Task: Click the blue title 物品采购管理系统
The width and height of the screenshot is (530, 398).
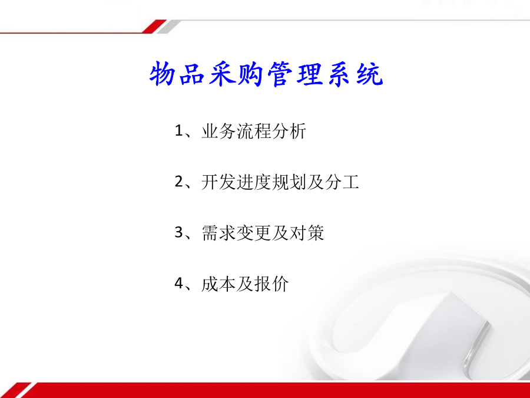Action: (266, 74)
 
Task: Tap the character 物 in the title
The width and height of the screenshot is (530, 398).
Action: (163, 74)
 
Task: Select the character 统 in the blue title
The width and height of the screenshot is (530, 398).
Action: (370, 74)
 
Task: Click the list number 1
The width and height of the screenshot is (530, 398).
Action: (178, 131)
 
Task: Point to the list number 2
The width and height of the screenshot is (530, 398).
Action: (179, 182)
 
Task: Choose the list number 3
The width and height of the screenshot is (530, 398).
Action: (179, 233)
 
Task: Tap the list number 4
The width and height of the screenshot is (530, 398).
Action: (179, 284)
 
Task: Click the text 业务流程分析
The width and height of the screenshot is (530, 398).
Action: (254, 131)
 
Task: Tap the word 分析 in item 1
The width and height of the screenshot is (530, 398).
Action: (289, 131)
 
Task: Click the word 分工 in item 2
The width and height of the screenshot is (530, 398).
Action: (342, 182)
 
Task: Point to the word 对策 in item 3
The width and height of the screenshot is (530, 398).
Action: (307, 233)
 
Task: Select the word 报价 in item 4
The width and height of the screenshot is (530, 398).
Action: (271, 284)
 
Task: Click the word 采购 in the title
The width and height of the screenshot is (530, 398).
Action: (237, 74)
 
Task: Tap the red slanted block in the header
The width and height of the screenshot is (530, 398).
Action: (154, 27)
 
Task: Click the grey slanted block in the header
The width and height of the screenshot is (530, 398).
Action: (168, 27)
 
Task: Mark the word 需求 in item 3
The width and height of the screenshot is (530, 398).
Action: (218, 233)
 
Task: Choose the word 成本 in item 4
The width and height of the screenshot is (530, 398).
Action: (218, 284)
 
